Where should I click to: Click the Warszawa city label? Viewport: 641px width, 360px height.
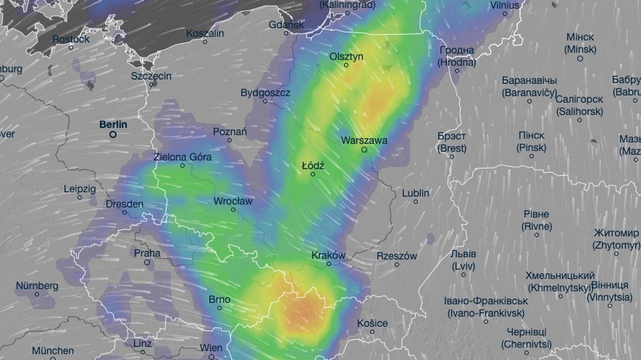point(364,141)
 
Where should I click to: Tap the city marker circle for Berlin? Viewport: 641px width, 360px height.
point(113,134)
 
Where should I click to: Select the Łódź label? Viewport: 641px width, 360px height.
point(313,165)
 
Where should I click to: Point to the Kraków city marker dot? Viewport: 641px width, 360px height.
point(329,263)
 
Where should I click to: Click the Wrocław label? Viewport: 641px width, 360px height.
point(233,201)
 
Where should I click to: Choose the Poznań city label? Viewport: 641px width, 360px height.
point(230,132)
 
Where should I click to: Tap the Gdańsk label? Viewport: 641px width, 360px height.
point(286,25)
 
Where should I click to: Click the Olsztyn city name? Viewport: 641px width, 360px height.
point(346,57)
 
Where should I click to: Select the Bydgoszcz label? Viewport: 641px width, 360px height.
point(265,93)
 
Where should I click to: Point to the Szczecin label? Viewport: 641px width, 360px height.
point(151,76)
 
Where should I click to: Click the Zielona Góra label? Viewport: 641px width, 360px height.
point(182,157)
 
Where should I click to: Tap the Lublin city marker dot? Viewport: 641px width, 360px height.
point(416,201)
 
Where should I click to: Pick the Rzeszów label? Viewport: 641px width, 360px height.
point(397,256)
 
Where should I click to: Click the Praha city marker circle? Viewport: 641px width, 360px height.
point(147,262)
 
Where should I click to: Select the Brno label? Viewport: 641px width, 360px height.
point(219,299)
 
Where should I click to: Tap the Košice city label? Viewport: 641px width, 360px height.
point(372,323)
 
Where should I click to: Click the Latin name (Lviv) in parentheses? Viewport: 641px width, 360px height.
point(463,266)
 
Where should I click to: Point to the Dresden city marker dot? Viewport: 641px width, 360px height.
point(125,212)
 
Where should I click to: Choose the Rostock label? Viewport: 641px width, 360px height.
point(71,39)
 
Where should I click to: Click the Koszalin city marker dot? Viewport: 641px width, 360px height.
point(205,42)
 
